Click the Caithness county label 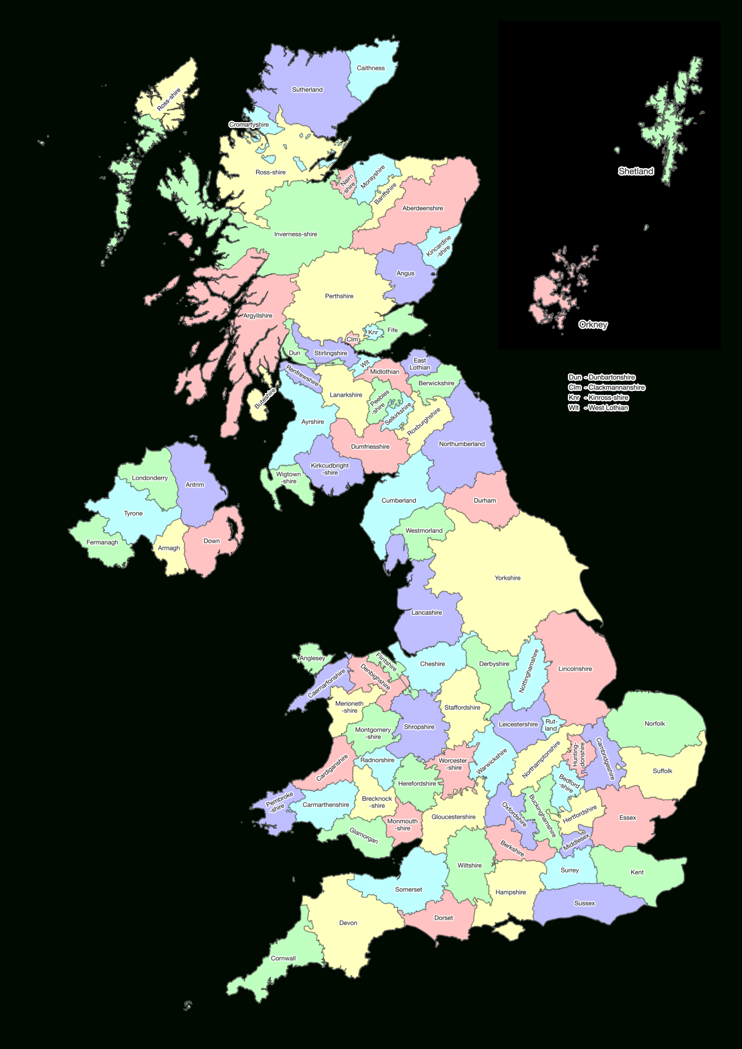pos(370,68)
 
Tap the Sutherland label pos(307,90)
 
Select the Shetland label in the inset pos(635,171)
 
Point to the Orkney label pos(593,325)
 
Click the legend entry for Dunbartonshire pos(601,377)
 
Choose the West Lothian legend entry pos(598,408)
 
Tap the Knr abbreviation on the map pos(373,332)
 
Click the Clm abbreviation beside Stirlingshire pos(352,339)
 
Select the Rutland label pos(551,725)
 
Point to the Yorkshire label pos(508,578)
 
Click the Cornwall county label pos(283,958)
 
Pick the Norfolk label pos(654,724)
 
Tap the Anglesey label pos(312,658)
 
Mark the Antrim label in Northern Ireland pos(195,484)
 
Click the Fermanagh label pos(102,542)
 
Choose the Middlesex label pos(576,842)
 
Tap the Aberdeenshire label pos(422,208)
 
